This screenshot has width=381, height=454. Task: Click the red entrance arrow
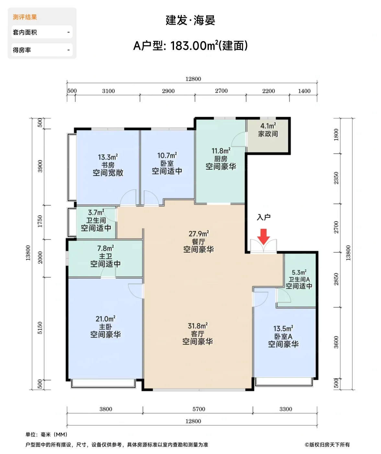[x=263, y=237]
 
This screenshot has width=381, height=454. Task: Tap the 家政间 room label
[x=268, y=134]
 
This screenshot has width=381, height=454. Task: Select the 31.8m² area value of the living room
[x=198, y=326]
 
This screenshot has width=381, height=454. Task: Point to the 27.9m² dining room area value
[x=199, y=234]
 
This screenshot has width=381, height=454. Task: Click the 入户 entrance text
[x=263, y=217]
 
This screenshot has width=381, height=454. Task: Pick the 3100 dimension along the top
[x=109, y=91]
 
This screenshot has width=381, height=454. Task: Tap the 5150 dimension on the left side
[x=40, y=328]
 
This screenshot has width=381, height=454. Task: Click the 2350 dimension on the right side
[x=336, y=178]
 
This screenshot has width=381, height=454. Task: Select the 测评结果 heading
[x=25, y=17]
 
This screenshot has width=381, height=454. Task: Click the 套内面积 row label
[x=25, y=32]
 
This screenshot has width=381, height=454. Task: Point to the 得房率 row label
[x=22, y=50]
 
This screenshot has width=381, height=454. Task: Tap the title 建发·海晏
[x=190, y=20]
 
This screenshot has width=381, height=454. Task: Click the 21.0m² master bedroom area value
[x=106, y=319]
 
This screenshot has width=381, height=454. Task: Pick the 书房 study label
[x=108, y=165]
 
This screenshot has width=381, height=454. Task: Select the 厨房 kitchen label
[x=221, y=159]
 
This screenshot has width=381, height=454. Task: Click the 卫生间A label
[x=299, y=279]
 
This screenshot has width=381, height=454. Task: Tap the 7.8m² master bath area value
[x=106, y=248]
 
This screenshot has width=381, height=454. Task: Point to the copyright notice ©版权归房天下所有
[x=327, y=445]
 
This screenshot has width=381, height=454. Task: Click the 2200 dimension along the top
[x=269, y=91]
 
